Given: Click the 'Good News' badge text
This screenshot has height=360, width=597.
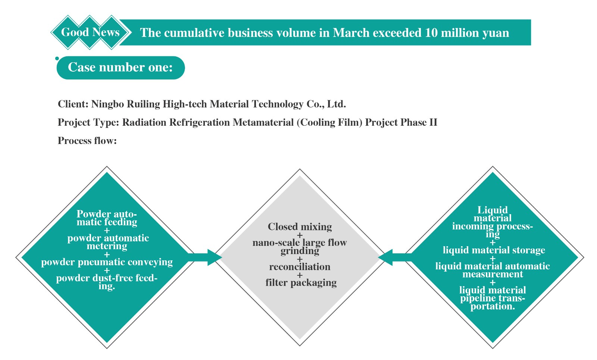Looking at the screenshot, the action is pyautogui.click(x=90, y=32).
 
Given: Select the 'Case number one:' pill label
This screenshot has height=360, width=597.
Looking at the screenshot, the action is pyautogui.click(x=121, y=67).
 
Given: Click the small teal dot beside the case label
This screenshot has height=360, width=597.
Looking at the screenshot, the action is pyautogui.click(x=57, y=58).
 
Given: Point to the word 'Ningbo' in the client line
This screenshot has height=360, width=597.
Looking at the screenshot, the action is pyautogui.click(x=108, y=104).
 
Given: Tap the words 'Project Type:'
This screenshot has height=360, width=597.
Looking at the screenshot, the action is pyautogui.click(x=88, y=123).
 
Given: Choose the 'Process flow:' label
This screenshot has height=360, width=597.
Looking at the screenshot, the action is pyautogui.click(x=87, y=141).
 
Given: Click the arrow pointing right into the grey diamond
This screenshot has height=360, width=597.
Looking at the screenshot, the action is pyautogui.click(x=205, y=257).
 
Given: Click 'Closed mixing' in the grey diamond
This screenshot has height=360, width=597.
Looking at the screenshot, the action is pyautogui.click(x=300, y=227).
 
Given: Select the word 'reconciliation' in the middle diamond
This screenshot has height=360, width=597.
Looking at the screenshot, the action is pyautogui.click(x=300, y=267).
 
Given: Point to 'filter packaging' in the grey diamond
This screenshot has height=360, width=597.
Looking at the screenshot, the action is pyautogui.click(x=301, y=283).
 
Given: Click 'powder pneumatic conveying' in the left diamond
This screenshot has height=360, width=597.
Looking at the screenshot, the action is pyautogui.click(x=107, y=262).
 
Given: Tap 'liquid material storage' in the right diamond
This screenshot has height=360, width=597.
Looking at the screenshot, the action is pyautogui.click(x=494, y=250).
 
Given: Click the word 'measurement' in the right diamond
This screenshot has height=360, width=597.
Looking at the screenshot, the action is pyautogui.click(x=493, y=274).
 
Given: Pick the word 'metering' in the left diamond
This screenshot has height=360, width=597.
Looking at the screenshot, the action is pyautogui.click(x=107, y=246).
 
